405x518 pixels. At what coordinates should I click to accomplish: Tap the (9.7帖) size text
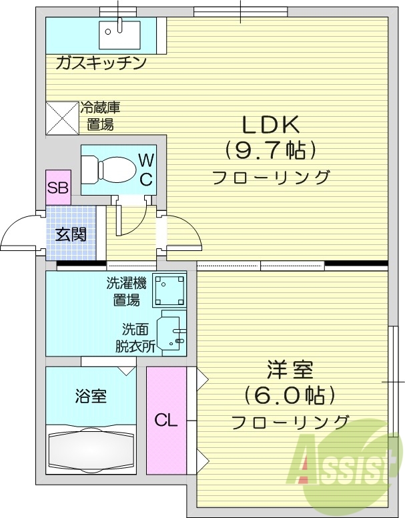(x=270, y=150)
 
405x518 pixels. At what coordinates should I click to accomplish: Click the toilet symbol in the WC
(x=109, y=169)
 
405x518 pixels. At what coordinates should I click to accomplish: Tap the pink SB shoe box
(x=57, y=188)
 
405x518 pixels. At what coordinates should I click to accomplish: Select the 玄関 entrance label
(x=70, y=234)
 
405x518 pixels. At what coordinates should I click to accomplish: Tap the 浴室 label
(x=90, y=395)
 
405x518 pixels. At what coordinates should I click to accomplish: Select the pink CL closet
(x=166, y=421)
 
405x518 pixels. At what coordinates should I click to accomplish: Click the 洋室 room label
(x=290, y=369)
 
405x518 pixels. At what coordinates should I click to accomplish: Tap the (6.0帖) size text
(x=289, y=395)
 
